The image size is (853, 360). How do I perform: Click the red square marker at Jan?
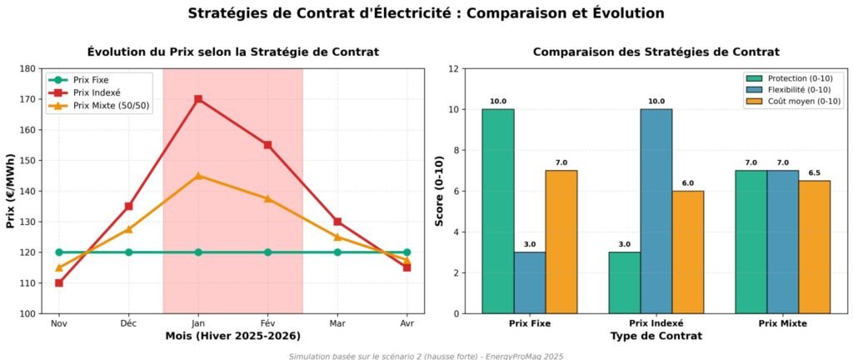click(198, 99)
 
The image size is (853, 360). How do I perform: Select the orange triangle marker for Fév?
click(267, 198)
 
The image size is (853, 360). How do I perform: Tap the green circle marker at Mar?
click(337, 252)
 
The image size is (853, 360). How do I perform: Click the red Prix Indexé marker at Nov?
click(59, 282)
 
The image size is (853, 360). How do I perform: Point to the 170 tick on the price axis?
click(29, 99)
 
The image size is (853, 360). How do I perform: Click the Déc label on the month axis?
click(128, 322)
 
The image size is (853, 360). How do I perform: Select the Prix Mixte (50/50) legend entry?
click(112, 106)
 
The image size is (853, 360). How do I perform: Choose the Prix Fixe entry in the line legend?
click(91, 80)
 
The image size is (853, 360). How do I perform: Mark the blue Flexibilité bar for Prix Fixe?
click(529, 282)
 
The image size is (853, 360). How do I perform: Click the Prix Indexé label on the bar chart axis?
click(656, 322)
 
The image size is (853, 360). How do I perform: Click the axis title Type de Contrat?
click(656, 336)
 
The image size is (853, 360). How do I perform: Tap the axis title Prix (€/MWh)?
click(11, 191)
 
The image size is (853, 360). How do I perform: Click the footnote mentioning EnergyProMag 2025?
click(426, 356)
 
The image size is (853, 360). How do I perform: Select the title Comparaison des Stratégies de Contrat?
click(656, 52)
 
